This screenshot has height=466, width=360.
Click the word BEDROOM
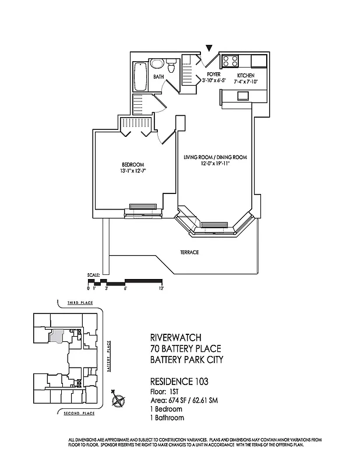[x=133, y=164]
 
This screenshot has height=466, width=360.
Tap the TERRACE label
[x=190, y=252]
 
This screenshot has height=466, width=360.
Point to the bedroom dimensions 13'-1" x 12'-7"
[x=133, y=171]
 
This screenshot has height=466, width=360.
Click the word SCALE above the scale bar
[x=93, y=274]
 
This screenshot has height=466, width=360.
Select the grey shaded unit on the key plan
[x=56, y=335]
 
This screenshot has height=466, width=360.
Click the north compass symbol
[x=119, y=401]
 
